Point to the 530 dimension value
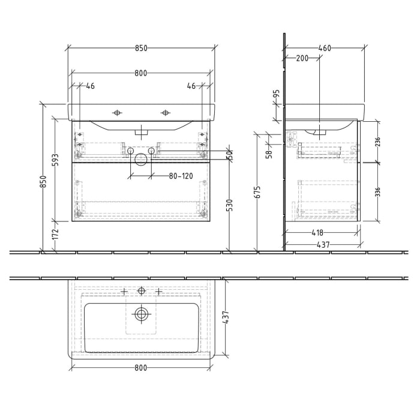coord(229,206)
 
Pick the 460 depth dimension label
coord(324,49)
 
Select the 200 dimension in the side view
coord(302,58)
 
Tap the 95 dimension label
coord(277,94)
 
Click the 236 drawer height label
coord(377,142)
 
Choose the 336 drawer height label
coord(377,192)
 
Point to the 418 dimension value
coord(317,233)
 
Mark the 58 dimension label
coord(269,154)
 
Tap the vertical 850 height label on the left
coord(43,182)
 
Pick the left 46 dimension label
coord(90,86)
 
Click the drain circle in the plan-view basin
coord(142,313)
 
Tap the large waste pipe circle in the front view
coord(140,159)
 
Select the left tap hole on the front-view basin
coord(117,112)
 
